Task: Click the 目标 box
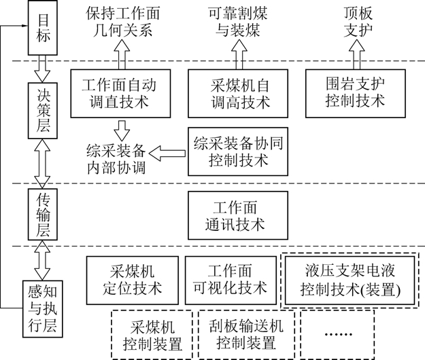[38, 28]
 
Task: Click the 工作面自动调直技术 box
[119, 93]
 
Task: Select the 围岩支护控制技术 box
[355, 92]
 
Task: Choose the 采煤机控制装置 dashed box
[152, 334]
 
